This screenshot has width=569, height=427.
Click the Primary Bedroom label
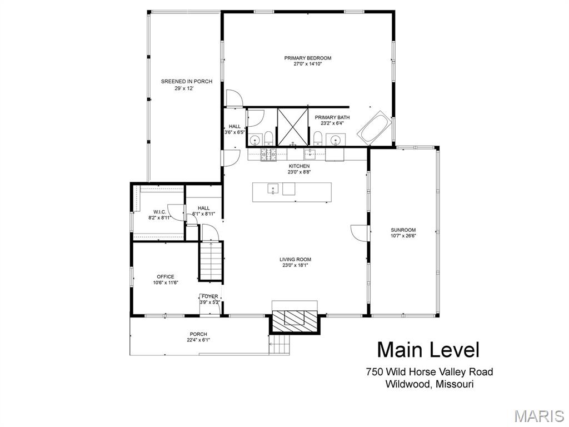(308, 58)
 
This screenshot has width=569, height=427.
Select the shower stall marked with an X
(292, 127)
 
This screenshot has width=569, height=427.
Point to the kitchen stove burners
(268, 155)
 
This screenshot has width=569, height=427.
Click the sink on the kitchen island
(273, 189)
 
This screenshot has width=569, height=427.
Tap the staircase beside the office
(211, 261)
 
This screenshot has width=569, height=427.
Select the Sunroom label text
(403, 230)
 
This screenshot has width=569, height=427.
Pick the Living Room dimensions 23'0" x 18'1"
(295, 265)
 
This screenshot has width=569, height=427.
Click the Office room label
(166, 277)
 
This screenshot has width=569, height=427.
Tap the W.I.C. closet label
(159, 212)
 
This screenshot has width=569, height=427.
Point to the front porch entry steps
(279, 345)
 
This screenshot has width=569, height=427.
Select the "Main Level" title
(428, 350)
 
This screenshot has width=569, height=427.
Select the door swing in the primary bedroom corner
(234, 98)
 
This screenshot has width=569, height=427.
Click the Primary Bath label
(332, 117)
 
